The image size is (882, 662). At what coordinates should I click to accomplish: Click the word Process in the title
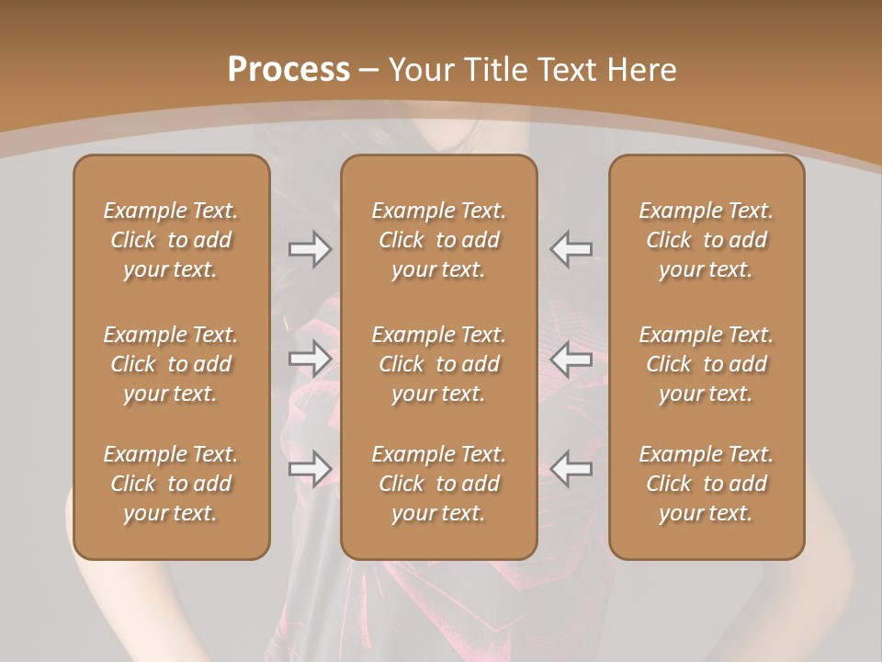288,69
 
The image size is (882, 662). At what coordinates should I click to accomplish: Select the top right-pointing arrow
310,249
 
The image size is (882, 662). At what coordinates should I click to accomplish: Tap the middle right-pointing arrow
310,359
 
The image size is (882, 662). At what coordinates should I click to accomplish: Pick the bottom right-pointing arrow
310,469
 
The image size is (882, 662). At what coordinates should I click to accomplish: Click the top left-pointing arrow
571,249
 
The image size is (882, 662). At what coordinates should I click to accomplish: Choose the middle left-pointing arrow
571,359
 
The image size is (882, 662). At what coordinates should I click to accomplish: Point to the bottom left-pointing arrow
571,469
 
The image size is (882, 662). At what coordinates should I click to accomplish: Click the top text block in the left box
171,240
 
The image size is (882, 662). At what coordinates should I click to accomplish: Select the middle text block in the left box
171,364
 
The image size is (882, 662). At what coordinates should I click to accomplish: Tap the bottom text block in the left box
171,484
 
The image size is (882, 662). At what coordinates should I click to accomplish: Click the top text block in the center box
438,240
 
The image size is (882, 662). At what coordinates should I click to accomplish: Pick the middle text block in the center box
438,364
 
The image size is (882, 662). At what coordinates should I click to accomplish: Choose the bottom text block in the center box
438,484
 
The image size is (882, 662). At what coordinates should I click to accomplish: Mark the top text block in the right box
706,240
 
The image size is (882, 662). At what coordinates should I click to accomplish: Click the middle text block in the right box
706,364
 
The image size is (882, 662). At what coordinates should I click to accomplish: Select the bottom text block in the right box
706,484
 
